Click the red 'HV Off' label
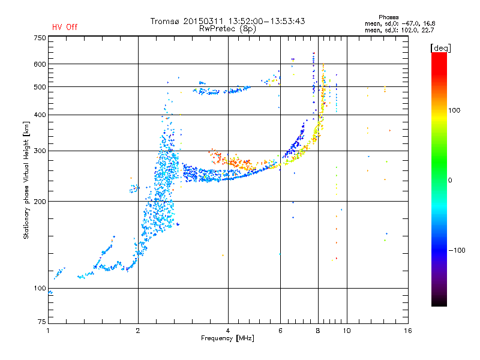[65, 27]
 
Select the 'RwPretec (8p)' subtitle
[227, 29]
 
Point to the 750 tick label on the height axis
[40, 38]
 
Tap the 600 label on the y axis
[40, 64]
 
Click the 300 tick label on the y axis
[40, 151]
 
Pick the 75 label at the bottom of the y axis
[42, 322]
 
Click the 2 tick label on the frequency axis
[138, 331]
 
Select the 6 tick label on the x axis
[280, 331]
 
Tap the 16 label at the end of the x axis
[408, 331]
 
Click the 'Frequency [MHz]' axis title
[227, 338]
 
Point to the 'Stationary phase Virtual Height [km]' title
[26, 180]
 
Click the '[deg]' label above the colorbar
[440, 48]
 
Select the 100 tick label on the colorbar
[454, 110]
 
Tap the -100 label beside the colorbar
[457, 250]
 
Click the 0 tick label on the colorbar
[450, 180]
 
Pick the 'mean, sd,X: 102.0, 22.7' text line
[399, 31]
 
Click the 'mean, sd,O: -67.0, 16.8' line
[400, 23]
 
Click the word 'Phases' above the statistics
[388, 17]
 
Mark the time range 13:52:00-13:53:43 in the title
[266, 21]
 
